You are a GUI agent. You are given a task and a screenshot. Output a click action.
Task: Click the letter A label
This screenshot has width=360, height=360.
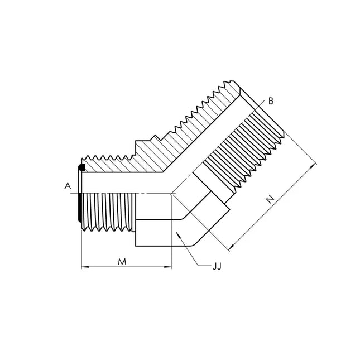(68, 185)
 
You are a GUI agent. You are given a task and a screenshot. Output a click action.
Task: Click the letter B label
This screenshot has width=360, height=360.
(271, 101)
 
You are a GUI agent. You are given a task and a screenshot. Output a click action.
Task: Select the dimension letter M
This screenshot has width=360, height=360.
(122, 262)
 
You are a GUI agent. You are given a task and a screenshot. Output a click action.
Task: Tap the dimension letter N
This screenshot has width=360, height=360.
(271, 199)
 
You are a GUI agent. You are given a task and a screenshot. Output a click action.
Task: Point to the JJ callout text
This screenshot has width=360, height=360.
(217, 266)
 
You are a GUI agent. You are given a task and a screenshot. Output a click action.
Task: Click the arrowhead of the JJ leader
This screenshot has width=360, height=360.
(179, 234)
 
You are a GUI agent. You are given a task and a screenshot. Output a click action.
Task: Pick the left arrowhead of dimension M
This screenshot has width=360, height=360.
(85, 267)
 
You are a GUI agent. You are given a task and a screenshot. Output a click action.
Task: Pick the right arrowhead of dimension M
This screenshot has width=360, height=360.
(168, 267)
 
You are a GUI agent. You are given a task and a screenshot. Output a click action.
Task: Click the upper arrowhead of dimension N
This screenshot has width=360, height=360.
(312, 167)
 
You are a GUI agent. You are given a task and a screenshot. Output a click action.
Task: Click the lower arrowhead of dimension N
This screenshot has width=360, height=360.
(232, 247)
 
